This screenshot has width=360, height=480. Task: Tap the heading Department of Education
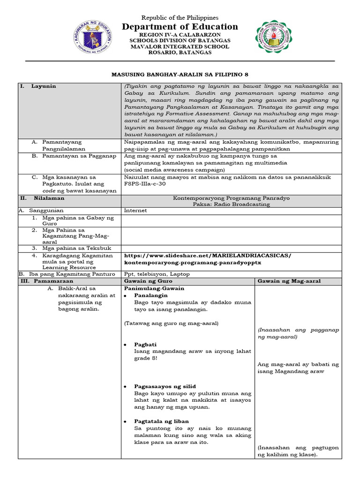[180, 27]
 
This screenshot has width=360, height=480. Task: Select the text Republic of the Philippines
[180, 17]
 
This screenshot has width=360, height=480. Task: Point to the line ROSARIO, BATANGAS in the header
[180, 52]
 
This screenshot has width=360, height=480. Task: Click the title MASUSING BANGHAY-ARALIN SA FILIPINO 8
[180, 74]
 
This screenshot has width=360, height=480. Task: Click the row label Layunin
[44, 86]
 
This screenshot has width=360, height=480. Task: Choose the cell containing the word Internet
[135, 211]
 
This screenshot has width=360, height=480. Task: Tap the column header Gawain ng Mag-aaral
[288, 281]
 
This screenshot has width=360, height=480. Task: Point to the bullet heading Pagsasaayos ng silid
[165, 387]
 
